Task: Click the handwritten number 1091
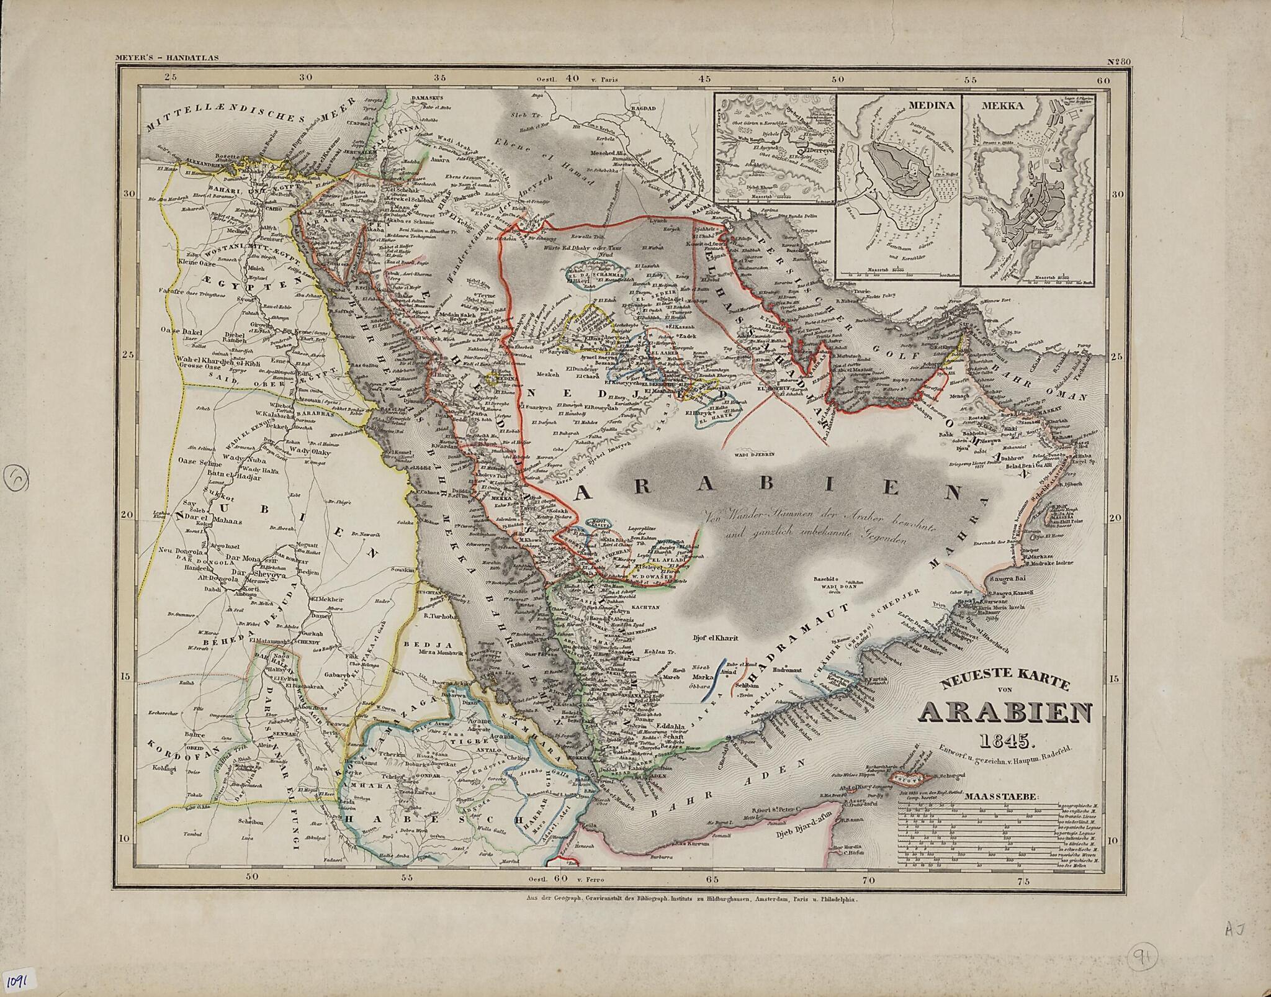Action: pyautogui.click(x=21, y=980)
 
